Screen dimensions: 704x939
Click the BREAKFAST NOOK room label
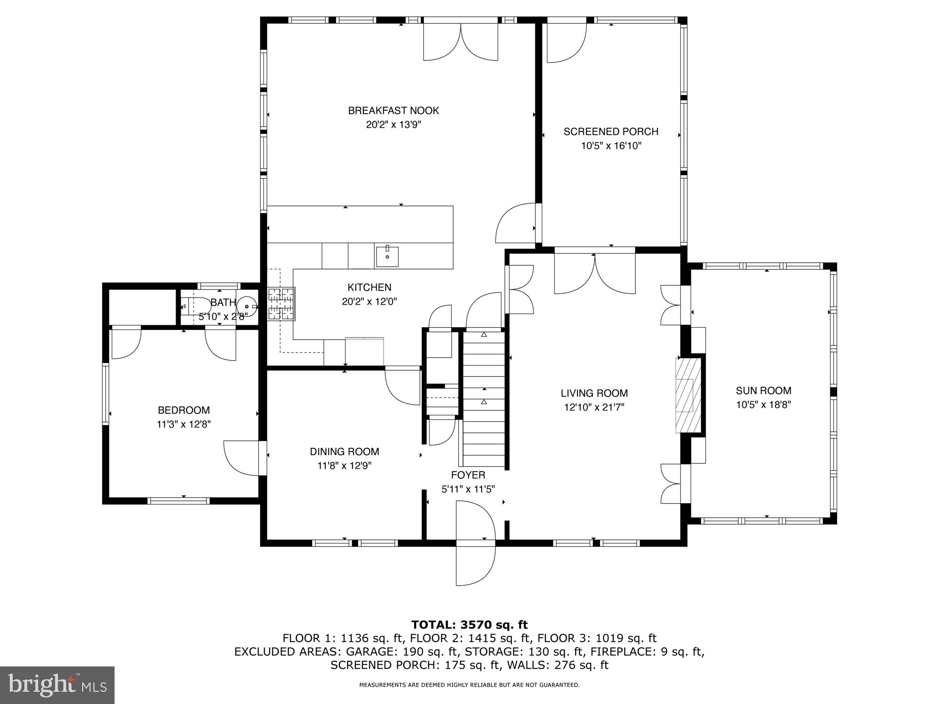pyautogui.click(x=393, y=111)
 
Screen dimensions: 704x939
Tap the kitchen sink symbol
pyautogui.click(x=387, y=256)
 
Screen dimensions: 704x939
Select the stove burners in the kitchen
pyautogui.click(x=281, y=304)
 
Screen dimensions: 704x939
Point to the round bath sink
pyautogui.click(x=247, y=306)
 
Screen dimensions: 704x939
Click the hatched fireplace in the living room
pyautogui.click(x=688, y=395)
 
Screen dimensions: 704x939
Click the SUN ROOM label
pyautogui.click(x=763, y=390)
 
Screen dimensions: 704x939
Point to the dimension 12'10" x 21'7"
pyautogui.click(x=594, y=407)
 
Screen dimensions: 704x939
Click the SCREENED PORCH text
pyautogui.click(x=611, y=132)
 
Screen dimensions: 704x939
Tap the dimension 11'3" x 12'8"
pyautogui.click(x=184, y=424)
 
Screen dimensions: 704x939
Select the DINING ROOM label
pyautogui.click(x=344, y=451)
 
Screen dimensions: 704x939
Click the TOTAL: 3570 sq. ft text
pyautogui.click(x=469, y=625)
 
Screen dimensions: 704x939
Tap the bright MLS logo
pyautogui.click(x=57, y=685)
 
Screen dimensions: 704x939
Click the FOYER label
pyautogui.click(x=468, y=475)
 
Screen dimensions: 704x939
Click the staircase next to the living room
pyautogui.click(x=484, y=399)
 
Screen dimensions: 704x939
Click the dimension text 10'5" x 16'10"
pyautogui.click(x=611, y=146)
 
